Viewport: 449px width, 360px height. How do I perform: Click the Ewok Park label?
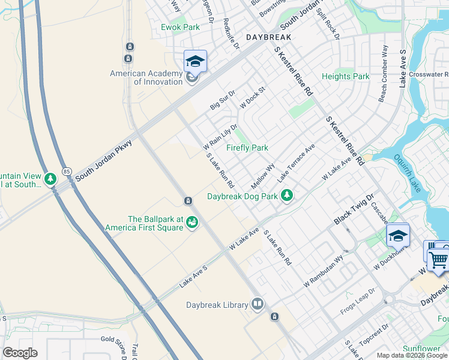point(180,28)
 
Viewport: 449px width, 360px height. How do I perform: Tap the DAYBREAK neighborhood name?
point(268,37)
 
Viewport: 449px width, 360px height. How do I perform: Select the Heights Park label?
point(346,77)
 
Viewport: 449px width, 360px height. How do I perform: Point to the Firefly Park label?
point(247,148)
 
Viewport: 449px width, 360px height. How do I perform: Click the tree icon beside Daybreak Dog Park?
point(288,195)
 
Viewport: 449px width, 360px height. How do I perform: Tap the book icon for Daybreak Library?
point(258,305)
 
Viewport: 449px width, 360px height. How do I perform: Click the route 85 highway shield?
point(66,172)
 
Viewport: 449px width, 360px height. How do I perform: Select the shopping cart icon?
point(439,259)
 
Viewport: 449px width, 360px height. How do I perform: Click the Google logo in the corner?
point(20,353)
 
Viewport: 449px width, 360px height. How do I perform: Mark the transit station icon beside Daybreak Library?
point(274,316)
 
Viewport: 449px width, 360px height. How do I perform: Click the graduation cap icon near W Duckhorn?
point(397,235)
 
